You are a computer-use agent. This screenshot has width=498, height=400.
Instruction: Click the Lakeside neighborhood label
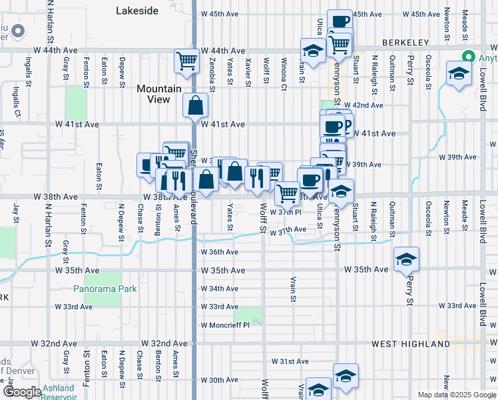coord(137,11)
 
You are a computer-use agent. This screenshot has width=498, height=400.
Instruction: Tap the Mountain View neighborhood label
coord(158,94)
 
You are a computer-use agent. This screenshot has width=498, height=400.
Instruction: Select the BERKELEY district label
coord(405,43)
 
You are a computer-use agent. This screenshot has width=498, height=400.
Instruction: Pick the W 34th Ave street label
coord(219,289)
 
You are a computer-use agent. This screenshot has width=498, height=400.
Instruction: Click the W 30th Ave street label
coord(219,380)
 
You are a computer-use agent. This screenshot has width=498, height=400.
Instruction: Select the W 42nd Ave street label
coord(363,105)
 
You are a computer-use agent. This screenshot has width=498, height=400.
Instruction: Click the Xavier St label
coord(248,72)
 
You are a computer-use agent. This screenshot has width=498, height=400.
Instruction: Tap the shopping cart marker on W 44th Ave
coord(186,61)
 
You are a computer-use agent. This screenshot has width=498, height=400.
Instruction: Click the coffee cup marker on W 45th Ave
coord(339,22)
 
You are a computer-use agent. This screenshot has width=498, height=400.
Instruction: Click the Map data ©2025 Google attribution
coord(456,395)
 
